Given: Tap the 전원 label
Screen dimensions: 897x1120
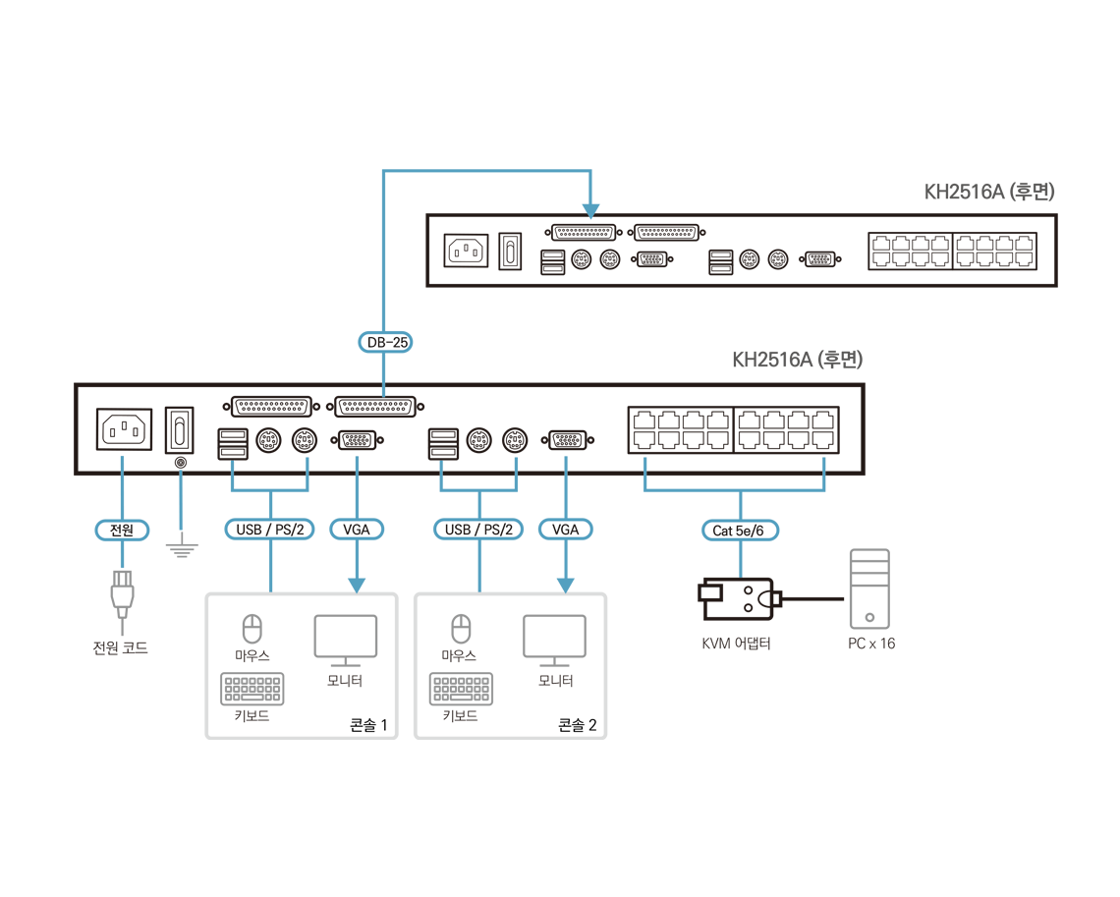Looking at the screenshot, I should coord(122,531).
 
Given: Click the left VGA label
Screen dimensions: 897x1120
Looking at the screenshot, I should coord(356,531).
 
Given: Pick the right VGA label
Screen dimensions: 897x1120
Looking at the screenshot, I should coord(565,531).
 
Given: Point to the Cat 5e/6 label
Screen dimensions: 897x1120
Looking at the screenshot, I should coord(744,532).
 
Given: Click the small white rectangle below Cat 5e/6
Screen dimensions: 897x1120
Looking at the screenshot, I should coord(710,592).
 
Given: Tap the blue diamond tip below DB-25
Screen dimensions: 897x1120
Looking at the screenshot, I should coord(383,392).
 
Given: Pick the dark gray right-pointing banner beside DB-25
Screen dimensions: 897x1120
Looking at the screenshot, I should coord(815,347).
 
